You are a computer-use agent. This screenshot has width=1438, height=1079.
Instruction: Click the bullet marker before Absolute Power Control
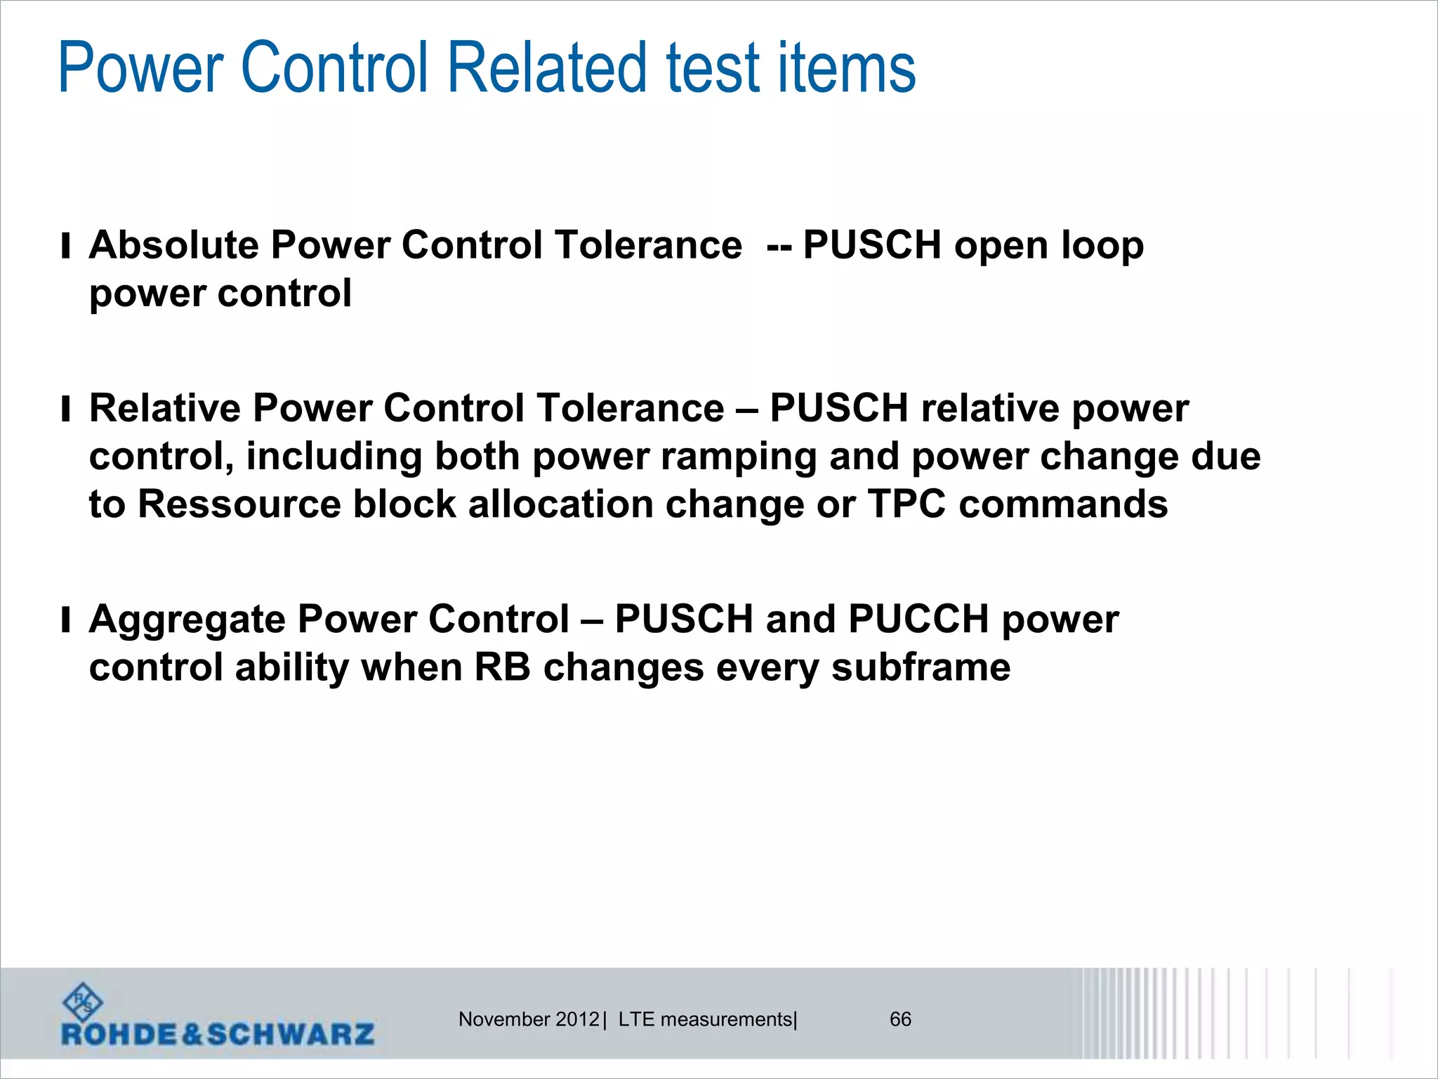[66, 247]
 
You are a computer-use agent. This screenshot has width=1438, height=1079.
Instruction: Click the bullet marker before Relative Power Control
[66, 409]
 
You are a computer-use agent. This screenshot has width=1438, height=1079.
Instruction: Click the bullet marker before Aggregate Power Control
[66, 620]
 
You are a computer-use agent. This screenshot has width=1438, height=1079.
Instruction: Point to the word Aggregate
[187, 620]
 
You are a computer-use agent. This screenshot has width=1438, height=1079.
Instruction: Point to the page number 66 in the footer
[900, 1019]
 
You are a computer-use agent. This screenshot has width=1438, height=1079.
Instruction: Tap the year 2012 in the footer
[577, 1019]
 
